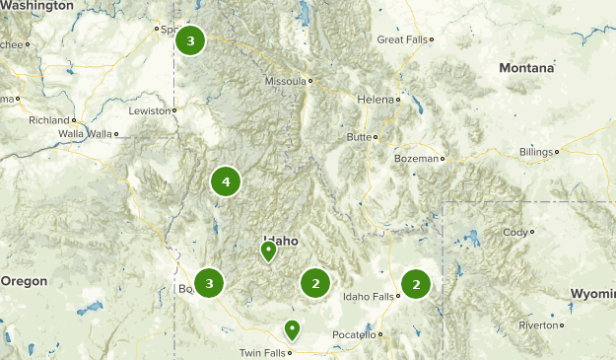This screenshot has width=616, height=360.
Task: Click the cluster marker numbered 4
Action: (226, 181)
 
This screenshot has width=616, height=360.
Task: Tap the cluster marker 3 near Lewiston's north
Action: (190, 41)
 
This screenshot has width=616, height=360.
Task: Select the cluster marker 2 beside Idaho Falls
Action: (416, 284)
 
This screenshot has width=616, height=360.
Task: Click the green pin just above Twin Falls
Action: (292, 329)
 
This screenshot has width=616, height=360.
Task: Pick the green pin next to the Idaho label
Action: (268, 252)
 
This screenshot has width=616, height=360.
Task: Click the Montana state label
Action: (525, 68)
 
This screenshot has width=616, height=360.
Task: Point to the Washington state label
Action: (37, 6)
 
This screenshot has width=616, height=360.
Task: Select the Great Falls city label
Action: (402, 39)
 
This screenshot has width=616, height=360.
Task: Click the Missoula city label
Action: (285, 82)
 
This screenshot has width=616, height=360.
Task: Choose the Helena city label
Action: (375, 100)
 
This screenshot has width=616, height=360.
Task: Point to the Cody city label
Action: (514, 233)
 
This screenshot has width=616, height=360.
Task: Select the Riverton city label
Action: (538, 324)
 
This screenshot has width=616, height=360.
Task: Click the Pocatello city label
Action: (353, 335)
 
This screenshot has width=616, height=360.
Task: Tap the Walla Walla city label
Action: (86, 133)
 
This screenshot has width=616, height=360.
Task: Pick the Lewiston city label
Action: (150, 111)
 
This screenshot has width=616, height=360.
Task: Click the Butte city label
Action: (358, 136)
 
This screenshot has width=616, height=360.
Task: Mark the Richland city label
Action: (49, 120)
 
